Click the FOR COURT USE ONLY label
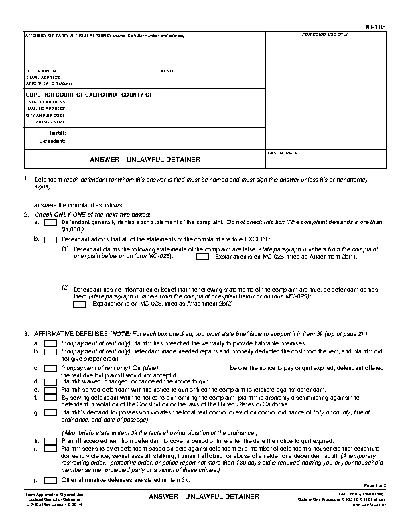click(x=325, y=34)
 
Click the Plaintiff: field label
click(x=56, y=133)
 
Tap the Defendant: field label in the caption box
click(x=52, y=141)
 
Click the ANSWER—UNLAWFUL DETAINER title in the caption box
click(x=145, y=160)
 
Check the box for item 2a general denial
click(x=50, y=222)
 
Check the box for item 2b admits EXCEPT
click(x=50, y=238)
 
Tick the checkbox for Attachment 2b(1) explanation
click(x=202, y=256)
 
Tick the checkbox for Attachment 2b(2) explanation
click(x=80, y=304)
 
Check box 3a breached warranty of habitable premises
click(x=50, y=342)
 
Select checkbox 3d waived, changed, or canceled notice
click(x=50, y=381)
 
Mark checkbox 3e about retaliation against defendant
click(x=50, y=388)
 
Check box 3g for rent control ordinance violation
click(x=50, y=412)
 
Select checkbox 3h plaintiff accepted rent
click(x=50, y=441)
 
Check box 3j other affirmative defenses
click(x=50, y=480)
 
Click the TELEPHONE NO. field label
click(x=43, y=70)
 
